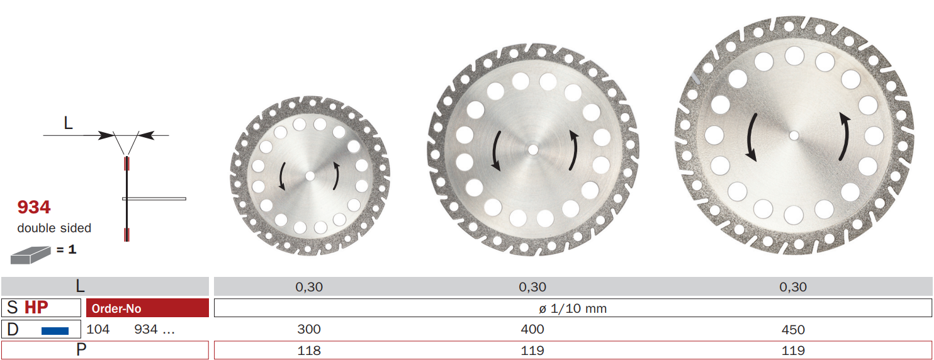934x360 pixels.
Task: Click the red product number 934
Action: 34,207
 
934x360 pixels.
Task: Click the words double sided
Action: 54,228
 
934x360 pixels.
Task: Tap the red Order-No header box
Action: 148,308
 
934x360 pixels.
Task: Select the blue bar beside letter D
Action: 55,331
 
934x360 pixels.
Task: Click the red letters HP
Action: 37,307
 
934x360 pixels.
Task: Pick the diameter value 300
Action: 309,329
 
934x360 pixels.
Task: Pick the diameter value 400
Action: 532,329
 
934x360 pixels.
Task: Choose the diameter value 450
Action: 793,330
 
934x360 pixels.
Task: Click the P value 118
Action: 309,351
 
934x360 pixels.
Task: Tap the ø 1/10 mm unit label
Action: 573,308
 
